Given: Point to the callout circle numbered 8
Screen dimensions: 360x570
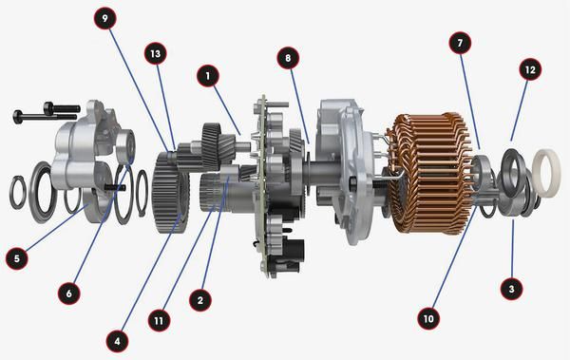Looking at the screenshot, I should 286,58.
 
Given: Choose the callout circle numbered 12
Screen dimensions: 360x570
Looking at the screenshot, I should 530,70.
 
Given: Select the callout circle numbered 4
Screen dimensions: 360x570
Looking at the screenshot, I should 116,337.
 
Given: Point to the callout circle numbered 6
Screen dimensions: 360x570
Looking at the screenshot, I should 68,294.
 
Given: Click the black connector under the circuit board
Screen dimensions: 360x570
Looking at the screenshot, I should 294,252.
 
